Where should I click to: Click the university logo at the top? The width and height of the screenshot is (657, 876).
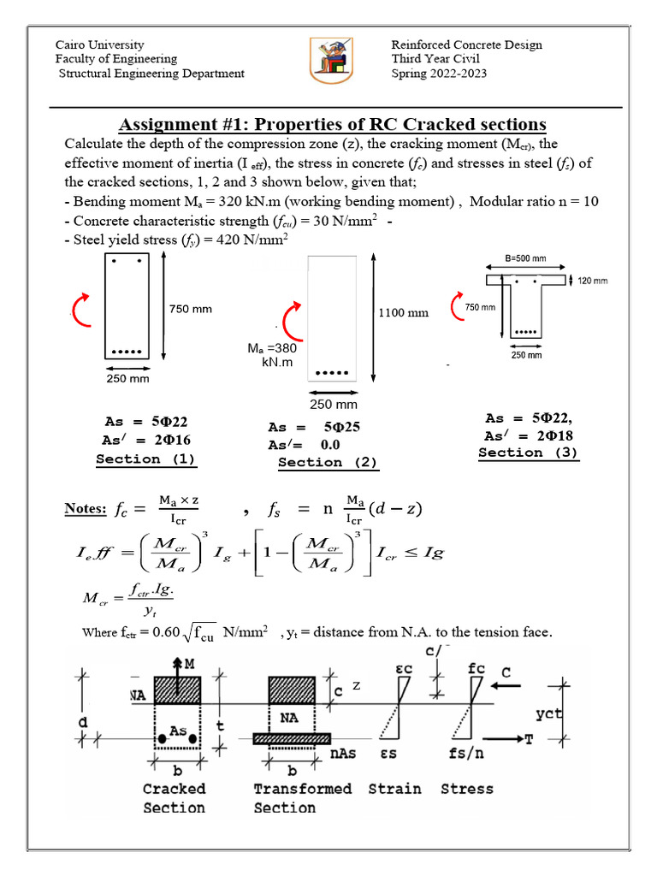(328, 59)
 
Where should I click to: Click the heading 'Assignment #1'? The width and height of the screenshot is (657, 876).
(332, 124)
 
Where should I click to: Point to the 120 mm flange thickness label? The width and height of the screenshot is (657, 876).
(593, 281)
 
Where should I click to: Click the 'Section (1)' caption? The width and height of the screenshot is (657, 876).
(145, 459)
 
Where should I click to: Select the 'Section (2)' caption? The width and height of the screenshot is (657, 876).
(328, 462)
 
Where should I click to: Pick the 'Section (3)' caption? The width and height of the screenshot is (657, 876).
(528, 453)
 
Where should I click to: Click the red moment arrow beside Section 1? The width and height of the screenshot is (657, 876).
(81, 309)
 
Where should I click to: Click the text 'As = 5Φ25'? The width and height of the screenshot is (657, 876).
(312, 428)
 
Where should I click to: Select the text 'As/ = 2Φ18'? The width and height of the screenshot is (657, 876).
(528, 435)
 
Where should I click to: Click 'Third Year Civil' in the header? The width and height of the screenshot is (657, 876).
(435, 59)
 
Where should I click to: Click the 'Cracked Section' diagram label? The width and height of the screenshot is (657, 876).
(174, 797)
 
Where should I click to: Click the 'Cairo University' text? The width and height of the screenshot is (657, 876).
(99, 44)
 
